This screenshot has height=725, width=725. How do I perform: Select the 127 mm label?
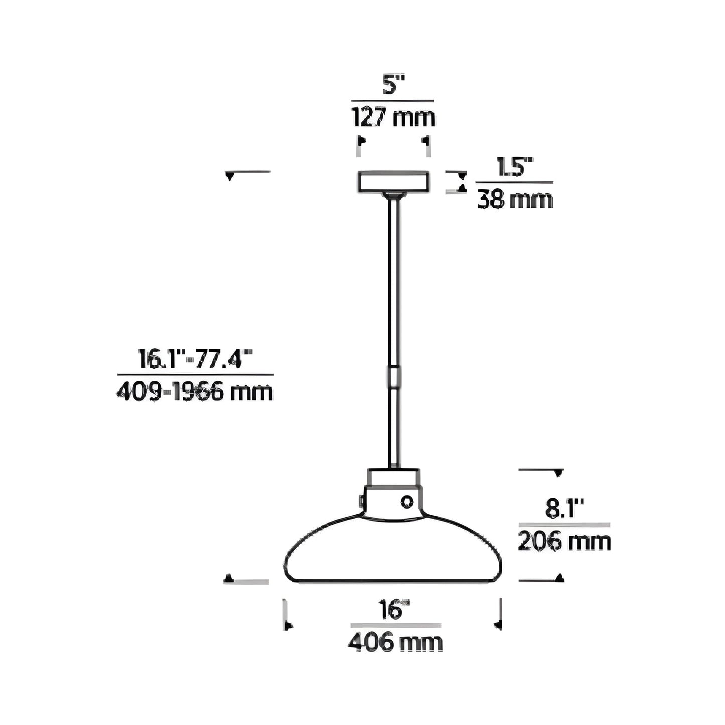[393, 118]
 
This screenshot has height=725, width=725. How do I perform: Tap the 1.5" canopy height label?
[514, 167]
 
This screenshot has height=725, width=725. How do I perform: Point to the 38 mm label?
[515, 200]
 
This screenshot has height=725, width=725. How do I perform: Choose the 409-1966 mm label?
[195, 392]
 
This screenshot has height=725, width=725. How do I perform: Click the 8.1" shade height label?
[564, 510]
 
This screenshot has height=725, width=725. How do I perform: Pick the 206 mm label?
[564, 542]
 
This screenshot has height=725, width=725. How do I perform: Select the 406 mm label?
[395, 643]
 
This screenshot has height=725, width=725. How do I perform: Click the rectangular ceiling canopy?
[394, 181]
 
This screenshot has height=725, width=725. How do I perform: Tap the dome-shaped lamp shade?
[394, 552]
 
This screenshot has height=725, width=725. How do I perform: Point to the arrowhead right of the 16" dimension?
[498, 624]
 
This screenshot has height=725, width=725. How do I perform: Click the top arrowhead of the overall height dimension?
[230, 176]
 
